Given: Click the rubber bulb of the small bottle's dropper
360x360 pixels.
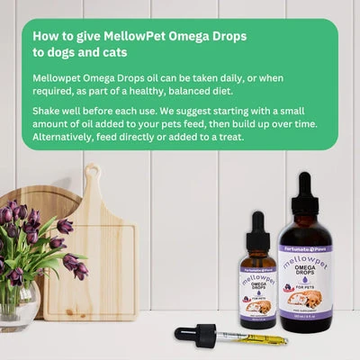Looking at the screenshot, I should [x=257, y=220].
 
